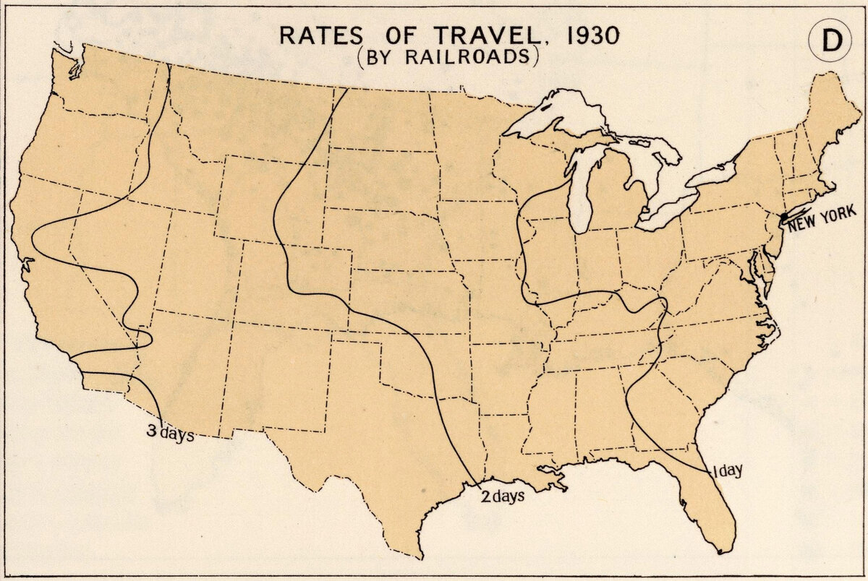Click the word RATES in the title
tap(308, 37)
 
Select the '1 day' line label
tap(727, 471)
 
